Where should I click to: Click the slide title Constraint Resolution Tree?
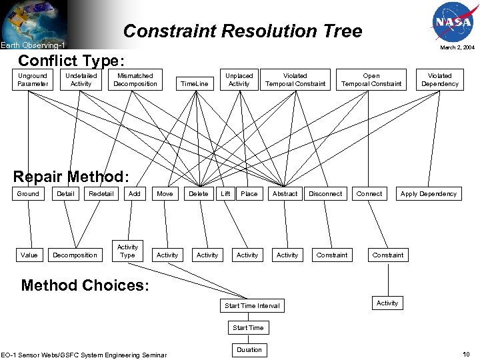[243, 31]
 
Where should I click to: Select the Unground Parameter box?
[33, 80]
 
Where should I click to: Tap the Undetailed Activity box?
[81, 80]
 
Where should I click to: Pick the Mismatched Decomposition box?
[135, 80]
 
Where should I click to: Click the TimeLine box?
[195, 84]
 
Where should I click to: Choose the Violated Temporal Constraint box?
[295, 80]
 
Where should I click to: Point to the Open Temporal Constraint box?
[371, 80]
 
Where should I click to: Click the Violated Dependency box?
[440, 80]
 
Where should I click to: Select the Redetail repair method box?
[101, 194]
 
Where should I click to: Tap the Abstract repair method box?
[285, 194]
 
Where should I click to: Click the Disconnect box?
[325, 194]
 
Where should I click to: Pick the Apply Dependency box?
[429, 194]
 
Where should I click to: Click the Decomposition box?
[75, 255]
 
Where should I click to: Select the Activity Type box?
[127, 251]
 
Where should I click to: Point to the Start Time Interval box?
[253, 306]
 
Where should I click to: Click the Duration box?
[249, 349]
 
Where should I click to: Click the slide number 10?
[467, 355]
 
